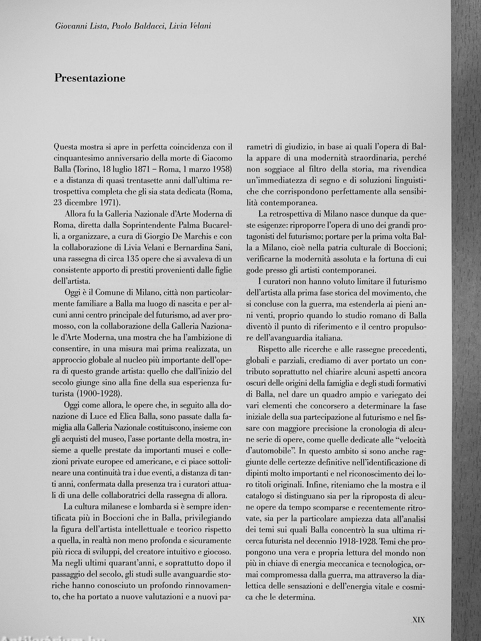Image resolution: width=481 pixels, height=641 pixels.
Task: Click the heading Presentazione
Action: [x=90, y=78]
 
